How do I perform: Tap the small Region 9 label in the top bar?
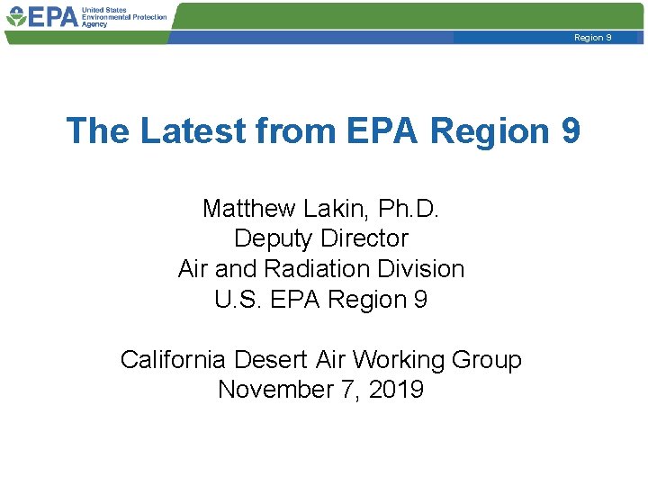593,38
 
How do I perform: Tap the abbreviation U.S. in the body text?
237,300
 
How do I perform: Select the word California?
173,360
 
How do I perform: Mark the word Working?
397,360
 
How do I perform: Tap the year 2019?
398,390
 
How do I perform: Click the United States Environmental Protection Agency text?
124,16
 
